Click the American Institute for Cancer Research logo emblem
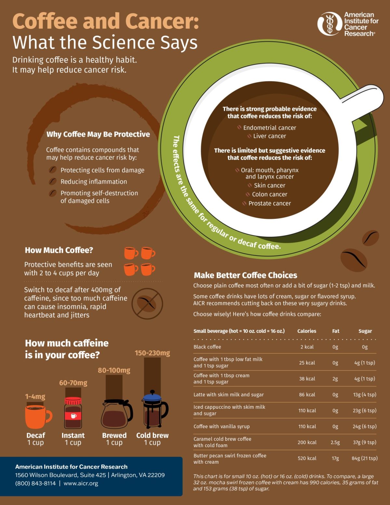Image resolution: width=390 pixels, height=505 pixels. coord(330,24)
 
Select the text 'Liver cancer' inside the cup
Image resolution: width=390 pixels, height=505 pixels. coord(269,136)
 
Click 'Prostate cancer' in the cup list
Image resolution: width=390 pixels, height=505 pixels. coord(269,204)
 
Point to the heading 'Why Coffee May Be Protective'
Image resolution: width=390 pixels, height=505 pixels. coord(98,134)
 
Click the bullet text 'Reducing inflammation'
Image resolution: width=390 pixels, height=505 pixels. coord(94,182)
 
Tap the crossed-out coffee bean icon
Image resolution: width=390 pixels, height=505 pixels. coord(147,304)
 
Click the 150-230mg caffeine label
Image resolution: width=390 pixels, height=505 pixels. coord(152,353)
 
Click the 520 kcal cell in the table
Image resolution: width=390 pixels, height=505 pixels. coord(307,458)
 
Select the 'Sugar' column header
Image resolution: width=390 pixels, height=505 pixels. coord(365,331)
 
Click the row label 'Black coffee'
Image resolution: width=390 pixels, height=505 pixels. coord(207,347)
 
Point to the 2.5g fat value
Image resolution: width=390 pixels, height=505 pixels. coord(335,443)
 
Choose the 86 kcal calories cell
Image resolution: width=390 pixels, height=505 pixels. coord(307,395)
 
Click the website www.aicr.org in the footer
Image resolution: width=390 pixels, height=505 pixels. coord(81,484)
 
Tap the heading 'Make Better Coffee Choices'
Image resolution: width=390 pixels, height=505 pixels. coord(245,275)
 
